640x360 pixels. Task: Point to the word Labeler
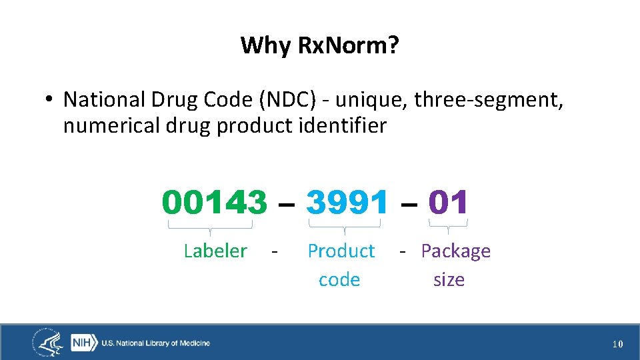point(215,251)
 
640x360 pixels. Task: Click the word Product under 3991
point(341,251)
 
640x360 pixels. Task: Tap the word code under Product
point(339,279)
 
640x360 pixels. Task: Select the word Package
point(456,251)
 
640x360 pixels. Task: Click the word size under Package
point(449,279)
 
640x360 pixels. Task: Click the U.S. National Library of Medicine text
point(155,343)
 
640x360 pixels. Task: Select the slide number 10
point(617,344)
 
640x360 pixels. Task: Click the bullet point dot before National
point(49,101)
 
